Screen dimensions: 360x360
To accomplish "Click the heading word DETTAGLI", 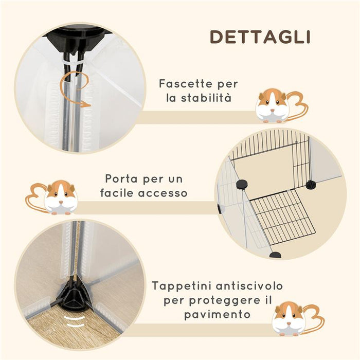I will [x=260, y=37].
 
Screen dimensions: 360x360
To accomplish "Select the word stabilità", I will [x=212, y=98].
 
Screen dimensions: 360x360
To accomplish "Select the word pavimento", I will [x=217, y=314].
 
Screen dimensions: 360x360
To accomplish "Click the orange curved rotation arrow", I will [x=73, y=91].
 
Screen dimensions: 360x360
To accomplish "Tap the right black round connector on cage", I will [x=310, y=184].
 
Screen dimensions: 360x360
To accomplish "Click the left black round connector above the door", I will [x=241, y=184].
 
